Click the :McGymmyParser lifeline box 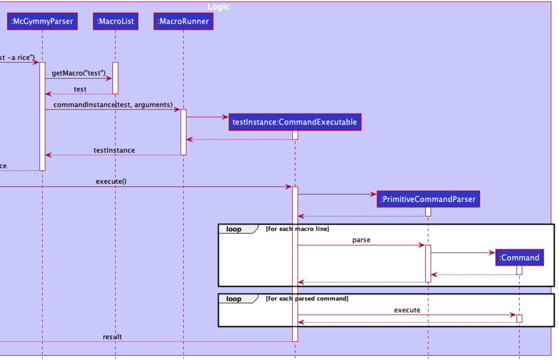point(42,22)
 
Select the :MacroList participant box point(115,22)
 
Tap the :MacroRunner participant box point(183,22)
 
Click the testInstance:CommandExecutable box point(295,122)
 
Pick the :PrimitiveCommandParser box point(428,199)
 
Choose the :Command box point(519,257)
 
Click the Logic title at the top point(219,7)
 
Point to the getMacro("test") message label point(79,73)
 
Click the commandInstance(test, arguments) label point(113,104)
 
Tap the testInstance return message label point(114,150)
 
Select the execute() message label point(111,181)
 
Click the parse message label point(361,240)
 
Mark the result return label point(112,337)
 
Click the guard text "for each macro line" point(297,229)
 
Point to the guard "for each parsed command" point(307,299)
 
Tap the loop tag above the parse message point(234,229)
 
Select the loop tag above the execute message point(234,299)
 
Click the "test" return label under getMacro point(80,89)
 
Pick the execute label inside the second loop point(407,310)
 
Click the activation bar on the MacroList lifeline point(115,78)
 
